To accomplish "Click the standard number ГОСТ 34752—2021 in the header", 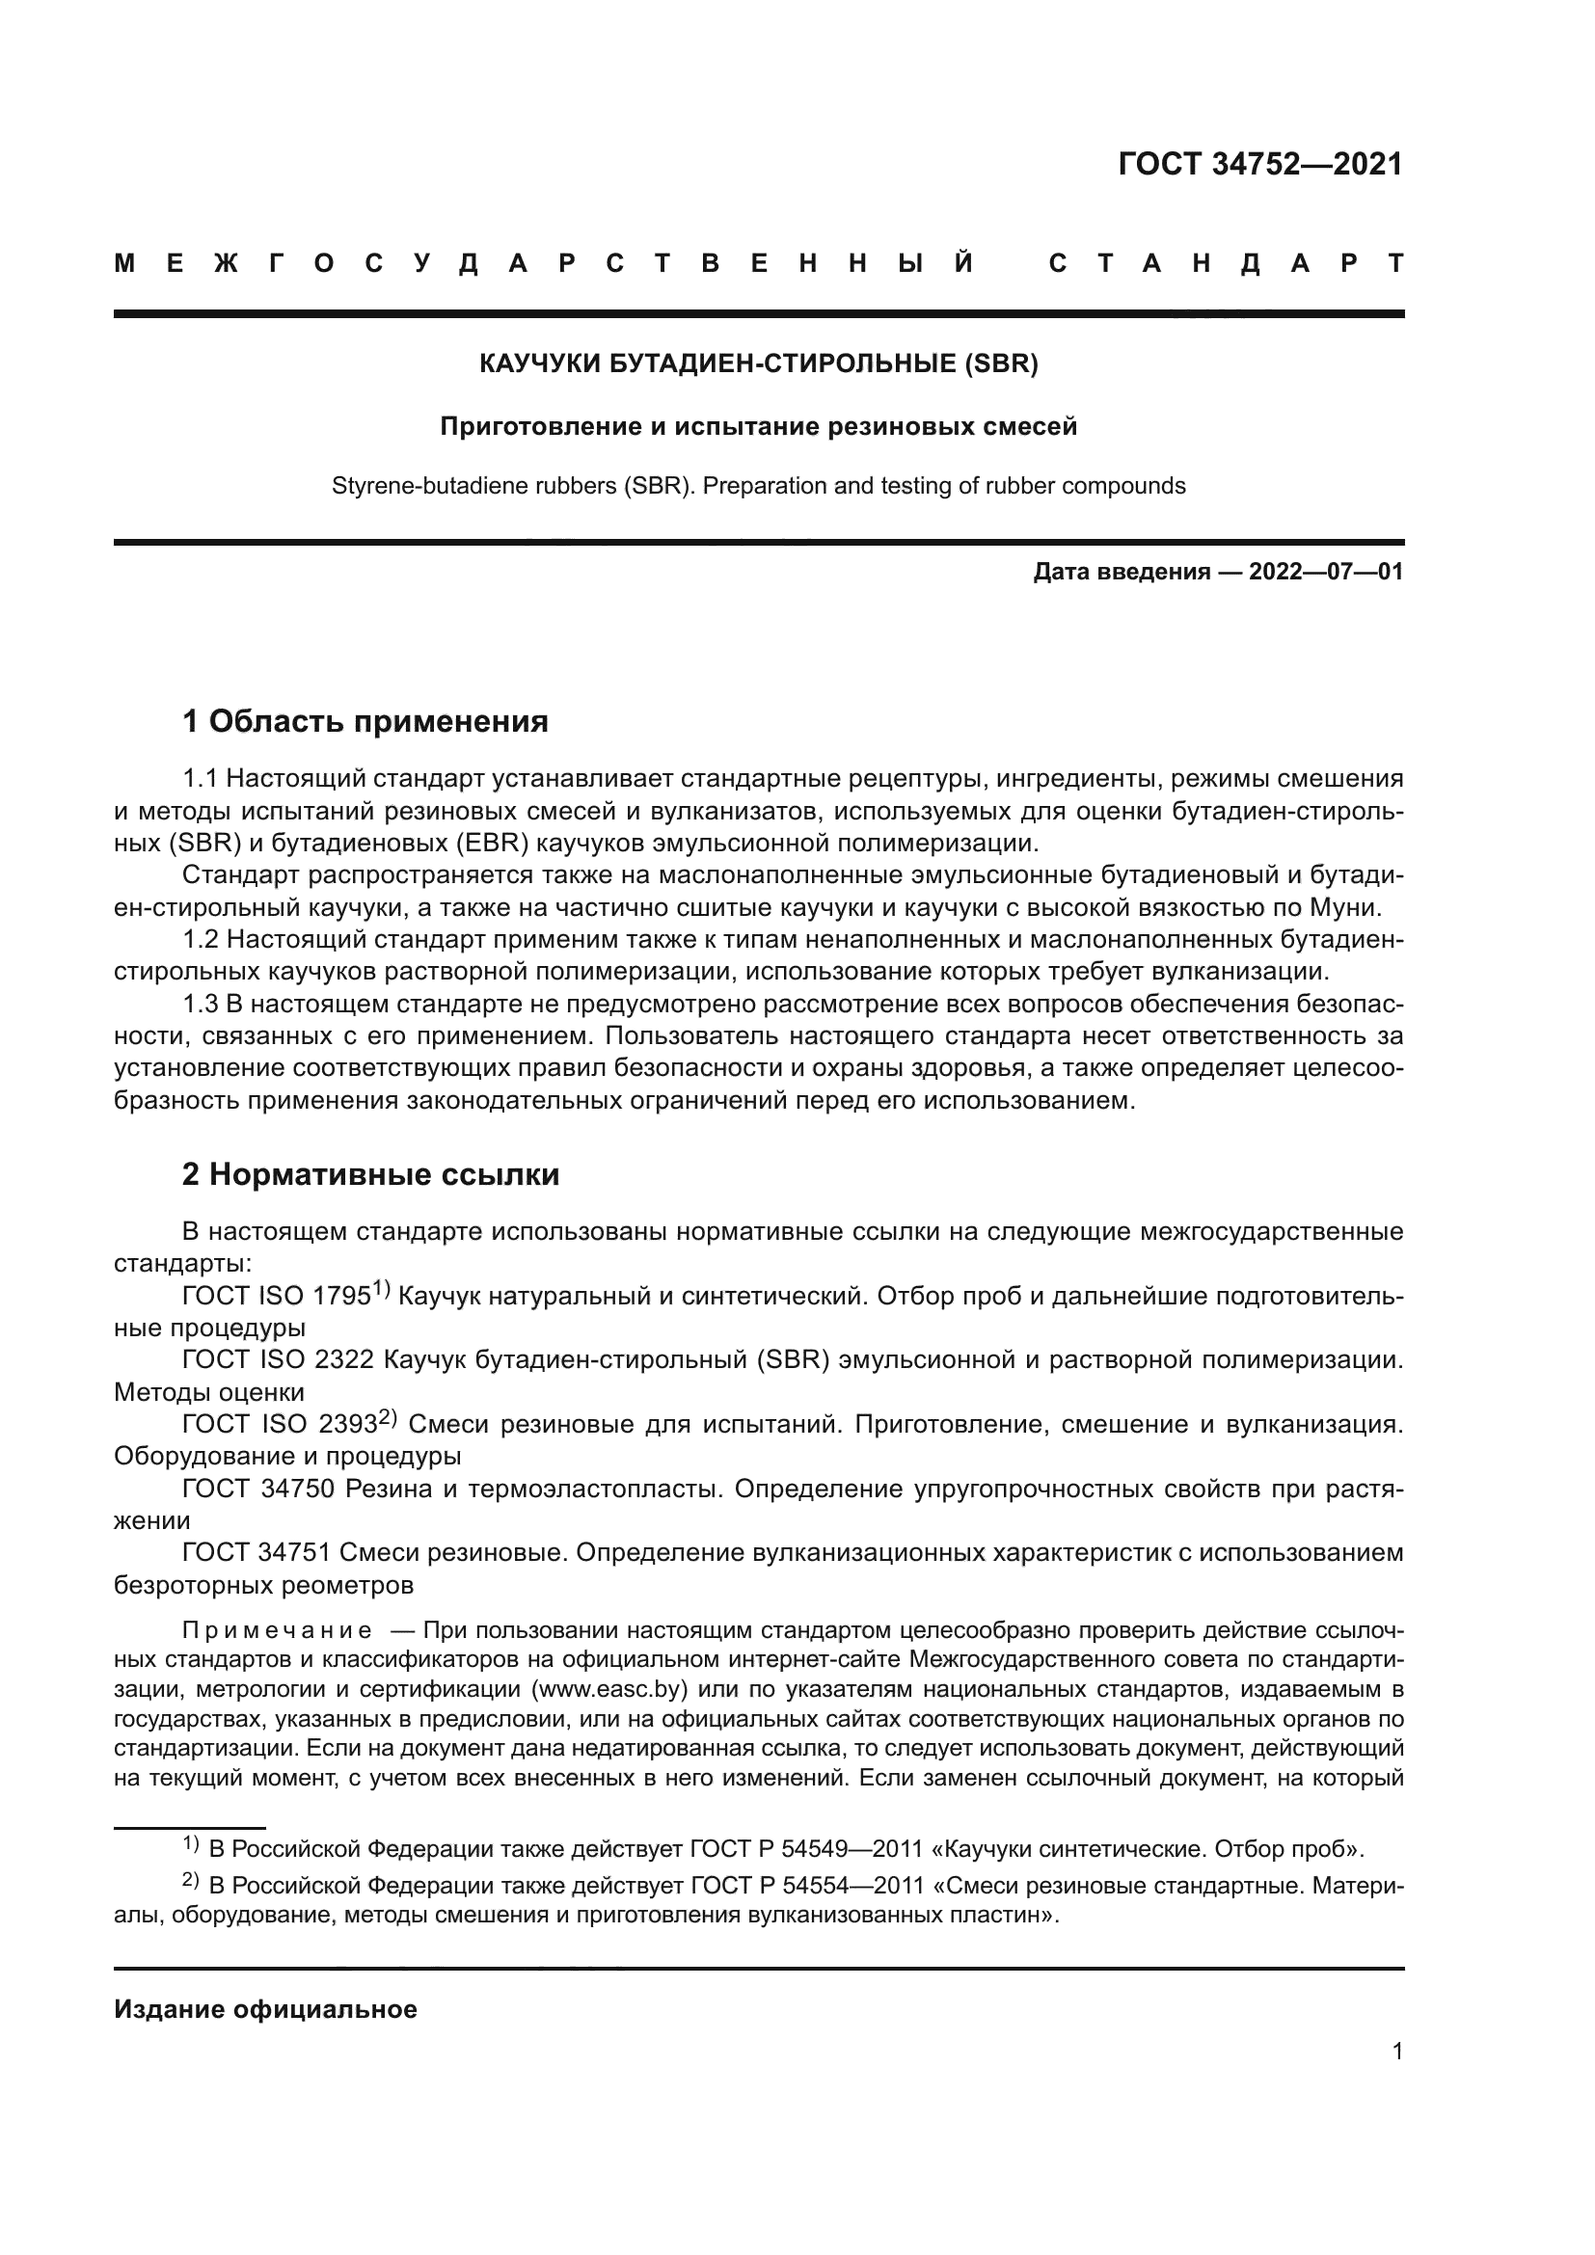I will coord(1260,164).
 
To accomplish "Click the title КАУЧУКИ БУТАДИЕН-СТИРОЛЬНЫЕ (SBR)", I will coord(758,364).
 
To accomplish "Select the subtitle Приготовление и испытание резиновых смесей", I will coord(758,426).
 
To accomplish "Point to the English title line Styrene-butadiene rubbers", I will coord(758,486).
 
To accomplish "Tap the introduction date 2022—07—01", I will coord(1326,572).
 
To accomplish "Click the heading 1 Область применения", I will coord(365,722).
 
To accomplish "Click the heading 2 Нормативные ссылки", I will coord(370,1174).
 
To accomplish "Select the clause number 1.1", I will coord(200,779).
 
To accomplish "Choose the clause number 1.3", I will coord(200,1005).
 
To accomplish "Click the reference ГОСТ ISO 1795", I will coord(276,1297).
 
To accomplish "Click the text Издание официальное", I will coord(265,2009).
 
